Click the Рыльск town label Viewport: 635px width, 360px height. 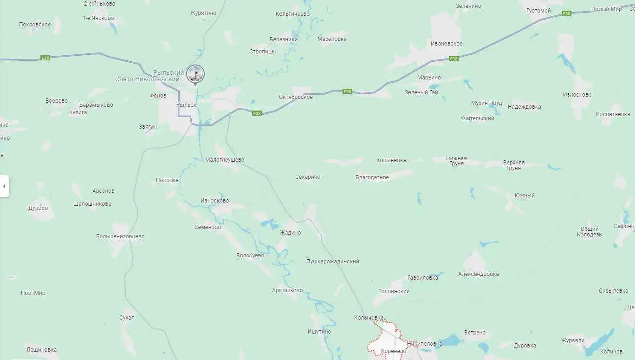pyautogui.click(x=186, y=105)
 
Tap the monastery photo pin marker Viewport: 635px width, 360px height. pyautogui.click(x=195, y=74)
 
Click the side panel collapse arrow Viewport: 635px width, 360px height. pyautogui.click(x=4, y=186)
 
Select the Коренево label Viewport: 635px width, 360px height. pyautogui.click(x=394, y=351)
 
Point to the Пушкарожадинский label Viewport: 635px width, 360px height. pyautogui.click(x=332, y=262)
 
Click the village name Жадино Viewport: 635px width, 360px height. pyautogui.click(x=290, y=233)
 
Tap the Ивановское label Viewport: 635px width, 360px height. pyautogui.click(x=446, y=44)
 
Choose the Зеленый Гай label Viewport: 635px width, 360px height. pyautogui.click(x=421, y=92)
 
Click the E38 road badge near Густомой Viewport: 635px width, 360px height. pyautogui.click(x=566, y=14)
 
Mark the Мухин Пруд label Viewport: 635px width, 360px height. pyautogui.click(x=486, y=103)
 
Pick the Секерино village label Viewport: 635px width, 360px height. pyautogui.click(x=307, y=177)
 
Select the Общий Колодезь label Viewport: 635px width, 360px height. pyautogui.click(x=590, y=232)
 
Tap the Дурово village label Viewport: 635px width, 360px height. pyautogui.click(x=38, y=208)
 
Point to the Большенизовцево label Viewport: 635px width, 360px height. pyautogui.click(x=120, y=236)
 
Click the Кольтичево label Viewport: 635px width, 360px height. pyautogui.click(x=292, y=14)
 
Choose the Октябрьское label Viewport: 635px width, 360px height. pyautogui.click(x=296, y=97)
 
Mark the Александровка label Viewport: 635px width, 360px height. pyautogui.click(x=478, y=274)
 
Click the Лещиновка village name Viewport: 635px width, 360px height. pyautogui.click(x=42, y=350)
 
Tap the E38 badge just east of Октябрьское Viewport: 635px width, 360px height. pyautogui.click(x=347, y=92)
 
